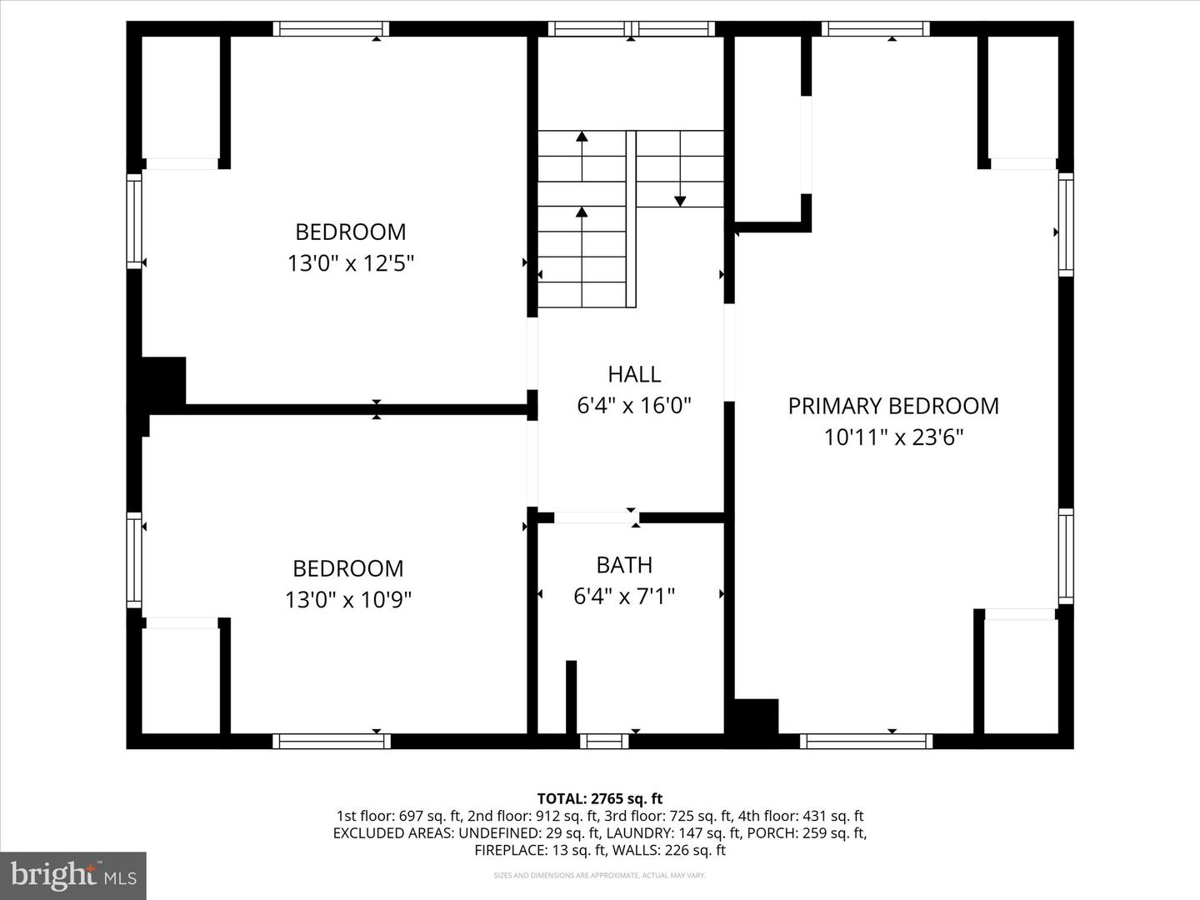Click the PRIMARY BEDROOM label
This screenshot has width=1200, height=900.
pos(892,406)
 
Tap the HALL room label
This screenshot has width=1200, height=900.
pos(634,374)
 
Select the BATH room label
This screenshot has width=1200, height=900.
pos(624,565)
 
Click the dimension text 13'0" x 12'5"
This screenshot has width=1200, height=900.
pos(351,264)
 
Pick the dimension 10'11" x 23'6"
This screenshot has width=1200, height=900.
pos(893,437)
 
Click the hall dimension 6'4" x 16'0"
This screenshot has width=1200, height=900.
pos(634,406)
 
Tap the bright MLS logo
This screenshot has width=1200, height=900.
pos(73,875)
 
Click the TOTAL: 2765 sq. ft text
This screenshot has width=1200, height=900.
pos(600,798)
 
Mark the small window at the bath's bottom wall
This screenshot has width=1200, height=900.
pos(604,741)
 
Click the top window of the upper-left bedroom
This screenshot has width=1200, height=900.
pos(331,29)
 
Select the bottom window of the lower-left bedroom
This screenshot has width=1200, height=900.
pos(331,741)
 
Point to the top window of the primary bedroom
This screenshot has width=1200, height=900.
pos(875,29)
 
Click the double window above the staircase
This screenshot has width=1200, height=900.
pos(631,29)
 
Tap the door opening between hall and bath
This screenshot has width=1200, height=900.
pos(595,517)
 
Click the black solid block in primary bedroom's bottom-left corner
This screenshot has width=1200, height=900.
pos(755,716)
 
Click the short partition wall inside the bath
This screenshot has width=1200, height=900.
pos(571,697)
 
